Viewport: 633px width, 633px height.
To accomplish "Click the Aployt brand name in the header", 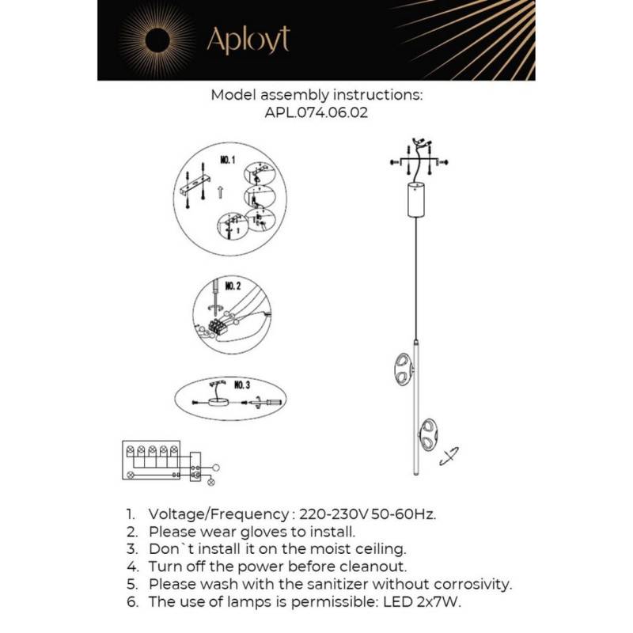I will pos(248,39).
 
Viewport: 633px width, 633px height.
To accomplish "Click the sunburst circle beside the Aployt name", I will pos(157,40).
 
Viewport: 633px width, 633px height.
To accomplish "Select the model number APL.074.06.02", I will pos(316,112).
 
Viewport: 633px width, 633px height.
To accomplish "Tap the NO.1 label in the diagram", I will pos(228,161).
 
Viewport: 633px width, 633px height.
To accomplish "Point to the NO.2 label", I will pos(233,285).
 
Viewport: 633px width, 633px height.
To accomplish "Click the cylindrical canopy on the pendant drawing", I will pos(416,199).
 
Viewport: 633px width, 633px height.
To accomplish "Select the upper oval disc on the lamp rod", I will pos(403,369).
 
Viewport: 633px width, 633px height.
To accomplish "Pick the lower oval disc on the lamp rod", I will pos(430,433).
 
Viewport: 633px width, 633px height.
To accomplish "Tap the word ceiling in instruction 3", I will pos(378,548).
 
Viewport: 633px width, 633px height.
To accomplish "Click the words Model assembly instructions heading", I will pos(316,95).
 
